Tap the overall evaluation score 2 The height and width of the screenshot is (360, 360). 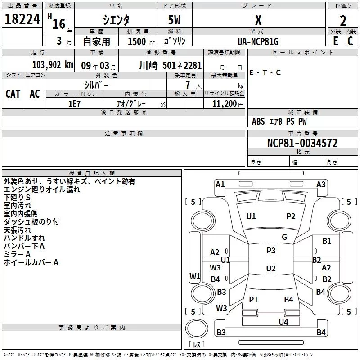(x=343, y=20)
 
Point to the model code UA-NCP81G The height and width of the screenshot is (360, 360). (x=258, y=41)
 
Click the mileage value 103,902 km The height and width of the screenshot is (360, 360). (x=53, y=65)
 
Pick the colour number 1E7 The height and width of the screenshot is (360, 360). (x=74, y=103)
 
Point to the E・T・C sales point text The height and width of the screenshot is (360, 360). (x=265, y=72)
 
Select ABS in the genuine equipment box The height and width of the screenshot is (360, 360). (x=258, y=121)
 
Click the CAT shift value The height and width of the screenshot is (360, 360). (x=13, y=94)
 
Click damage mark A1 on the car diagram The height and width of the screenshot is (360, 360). (x=220, y=184)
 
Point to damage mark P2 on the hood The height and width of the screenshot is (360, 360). (x=291, y=216)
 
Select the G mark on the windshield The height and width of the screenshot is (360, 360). (x=284, y=237)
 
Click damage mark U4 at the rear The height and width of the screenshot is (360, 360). (x=283, y=322)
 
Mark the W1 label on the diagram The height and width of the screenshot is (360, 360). (x=194, y=276)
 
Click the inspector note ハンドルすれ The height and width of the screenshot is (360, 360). (x=24, y=238)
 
